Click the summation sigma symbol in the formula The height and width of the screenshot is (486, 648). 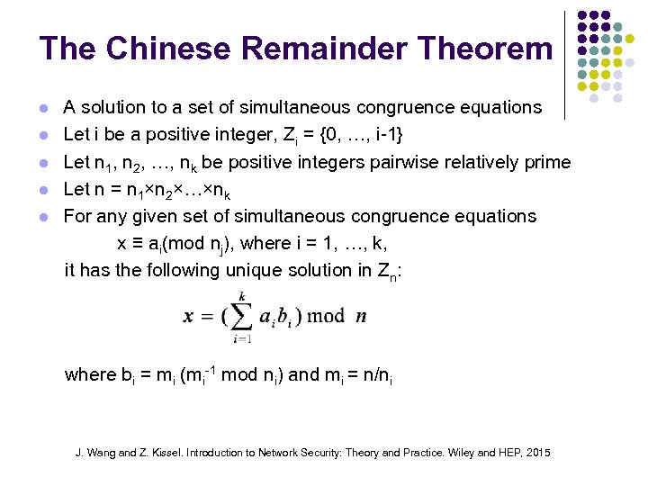(x=241, y=315)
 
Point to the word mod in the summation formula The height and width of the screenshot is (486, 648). (x=327, y=316)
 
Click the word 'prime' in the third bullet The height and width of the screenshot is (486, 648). (x=548, y=163)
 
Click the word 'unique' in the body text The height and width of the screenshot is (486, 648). (x=266, y=270)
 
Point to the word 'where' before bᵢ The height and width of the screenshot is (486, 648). (x=90, y=374)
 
